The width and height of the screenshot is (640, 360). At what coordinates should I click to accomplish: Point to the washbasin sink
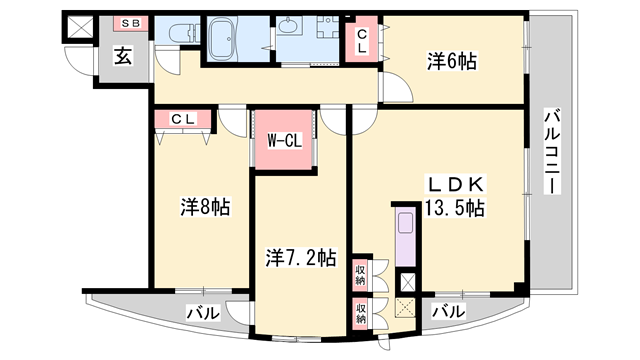(x=295, y=27)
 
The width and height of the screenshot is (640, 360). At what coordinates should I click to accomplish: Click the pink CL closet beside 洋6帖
(x=362, y=42)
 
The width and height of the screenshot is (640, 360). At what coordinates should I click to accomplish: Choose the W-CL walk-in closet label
(x=284, y=141)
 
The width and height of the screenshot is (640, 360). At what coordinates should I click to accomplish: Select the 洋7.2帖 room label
(x=300, y=257)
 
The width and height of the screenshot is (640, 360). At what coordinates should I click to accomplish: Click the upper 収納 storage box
(x=359, y=272)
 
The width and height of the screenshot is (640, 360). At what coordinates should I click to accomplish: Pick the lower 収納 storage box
(x=359, y=311)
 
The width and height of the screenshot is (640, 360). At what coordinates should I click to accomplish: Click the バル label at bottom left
(x=204, y=314)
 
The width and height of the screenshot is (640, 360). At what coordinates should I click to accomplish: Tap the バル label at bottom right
(x=448, y=312)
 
